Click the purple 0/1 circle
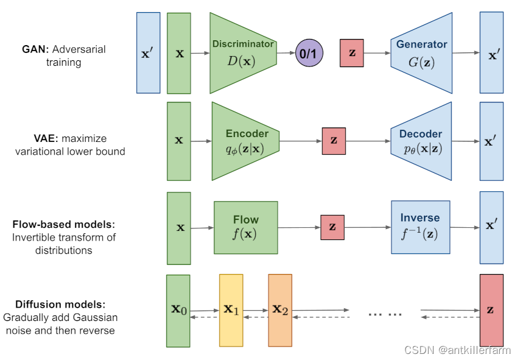pos(309,54)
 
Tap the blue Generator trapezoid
pos(422,54)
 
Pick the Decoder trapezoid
pos(422,141)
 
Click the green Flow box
pos(246,227)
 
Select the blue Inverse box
pos(420,227)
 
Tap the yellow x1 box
pos(231,310)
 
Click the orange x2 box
pos(280,310)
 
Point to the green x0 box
pos(178,310)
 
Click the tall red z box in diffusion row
pos(491,310)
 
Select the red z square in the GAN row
pos(352,53)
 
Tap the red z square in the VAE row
pos(334,141)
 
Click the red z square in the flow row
pos(332,227)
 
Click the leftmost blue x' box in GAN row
pos(149,53)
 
